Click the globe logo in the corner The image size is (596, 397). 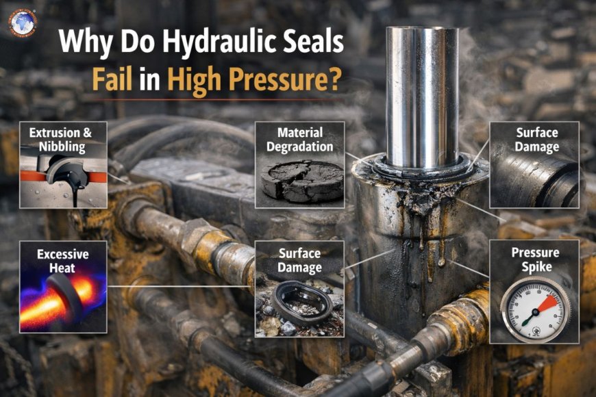(23, 21)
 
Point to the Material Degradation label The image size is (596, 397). (299, 140)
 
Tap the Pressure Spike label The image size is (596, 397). (535, 259)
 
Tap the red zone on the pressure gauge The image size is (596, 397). (549, 301)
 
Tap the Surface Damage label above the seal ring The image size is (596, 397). (299, 259)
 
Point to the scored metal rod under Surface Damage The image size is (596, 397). (534, 181)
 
